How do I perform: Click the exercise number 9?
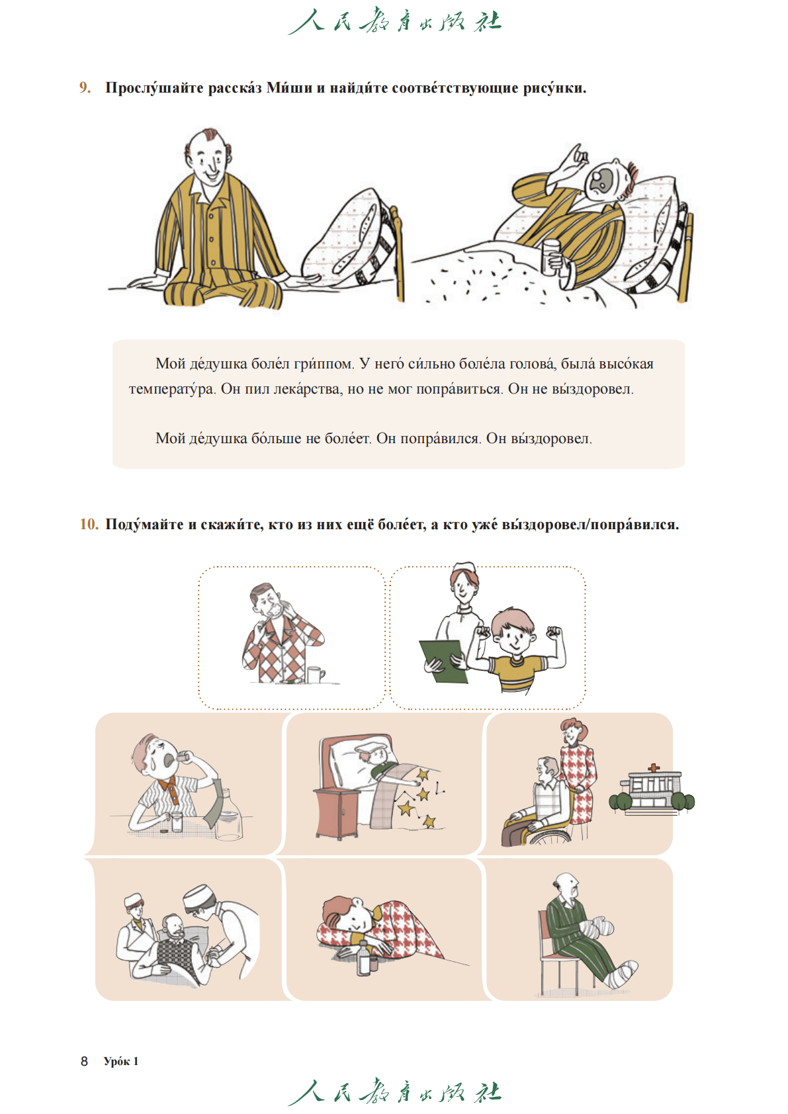(85, 88)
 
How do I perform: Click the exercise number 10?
(89, 524)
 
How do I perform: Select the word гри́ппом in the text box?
(324, 364)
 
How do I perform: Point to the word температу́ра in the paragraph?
(172, 389)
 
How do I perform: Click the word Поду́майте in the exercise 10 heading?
(144, 525)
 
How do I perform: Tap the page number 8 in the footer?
(85, 1061)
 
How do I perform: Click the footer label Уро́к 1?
(121, 1061)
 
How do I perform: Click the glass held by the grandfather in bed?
(550, 257)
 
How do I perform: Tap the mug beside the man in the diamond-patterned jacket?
(315, 675)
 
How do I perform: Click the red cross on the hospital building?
(654, 768)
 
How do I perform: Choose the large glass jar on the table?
(229, 816)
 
